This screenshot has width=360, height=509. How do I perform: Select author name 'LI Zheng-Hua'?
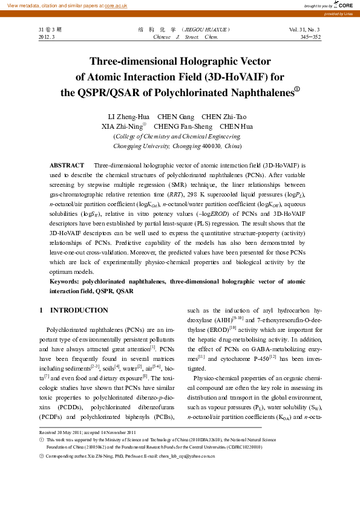(x=128, y=117)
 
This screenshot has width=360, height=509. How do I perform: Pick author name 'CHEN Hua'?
(x=237, y=127)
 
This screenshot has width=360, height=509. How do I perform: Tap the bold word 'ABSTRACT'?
(x=67, y=165)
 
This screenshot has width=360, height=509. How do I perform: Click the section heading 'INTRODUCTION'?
(x=79, y=310)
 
